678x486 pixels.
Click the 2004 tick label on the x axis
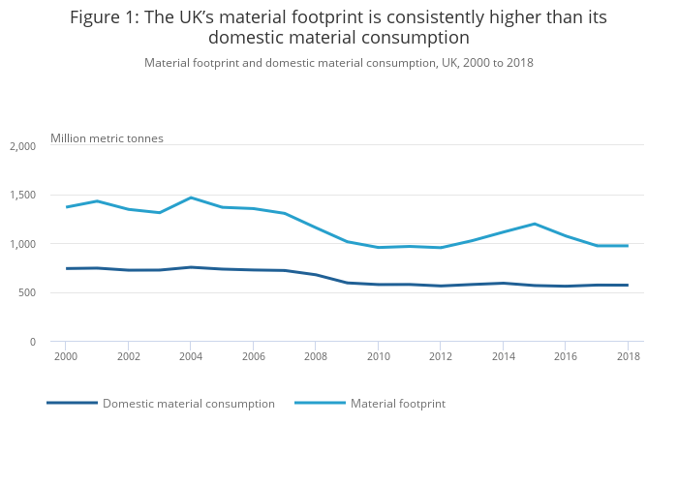[x=191, y=357]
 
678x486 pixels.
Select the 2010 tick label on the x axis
[x=378, y=357]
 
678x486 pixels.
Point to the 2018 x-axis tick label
[x=628, y=357]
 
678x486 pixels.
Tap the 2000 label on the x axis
[x=66, y=357]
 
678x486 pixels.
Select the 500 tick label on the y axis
[x=27, y=293]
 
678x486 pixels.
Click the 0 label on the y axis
[x=32, y=342]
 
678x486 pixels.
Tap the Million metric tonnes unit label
[x=107, y=138]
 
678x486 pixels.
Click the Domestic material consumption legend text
[x=189, y=404]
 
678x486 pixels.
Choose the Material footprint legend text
[x=398, y=404]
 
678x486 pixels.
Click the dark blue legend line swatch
[x=72, y=403]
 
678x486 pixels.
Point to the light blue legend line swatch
[x=320, y=403]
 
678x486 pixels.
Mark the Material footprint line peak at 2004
[x=191, y=197]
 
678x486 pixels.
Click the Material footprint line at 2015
[x=534, y=224]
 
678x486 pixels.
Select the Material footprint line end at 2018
[x=628, y=246]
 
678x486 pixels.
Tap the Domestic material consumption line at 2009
[x=347, y=283]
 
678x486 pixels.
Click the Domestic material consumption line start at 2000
[x=66, y=268]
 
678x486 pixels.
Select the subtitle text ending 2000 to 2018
[x=339, y=63]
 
